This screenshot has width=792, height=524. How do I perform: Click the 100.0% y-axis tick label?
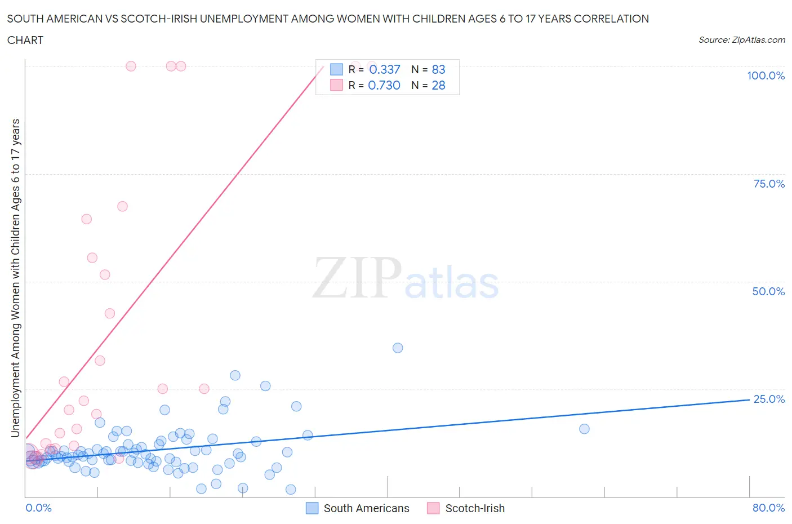tap(766, 76)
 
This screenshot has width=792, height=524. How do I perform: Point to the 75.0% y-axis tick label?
tap(769, 184)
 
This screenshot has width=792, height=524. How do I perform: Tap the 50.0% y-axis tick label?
tap(768, 291)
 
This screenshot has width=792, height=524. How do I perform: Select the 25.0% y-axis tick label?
tap(769, 399)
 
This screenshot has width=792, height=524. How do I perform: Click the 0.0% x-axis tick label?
tap(38, 508)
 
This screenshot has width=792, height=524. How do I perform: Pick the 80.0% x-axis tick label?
tap(768, 508)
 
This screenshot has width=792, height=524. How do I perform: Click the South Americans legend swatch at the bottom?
tap(312, 508)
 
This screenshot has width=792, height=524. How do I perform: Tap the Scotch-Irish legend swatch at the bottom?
tap(433, 508)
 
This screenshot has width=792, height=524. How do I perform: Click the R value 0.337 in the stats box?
tap(385, 69)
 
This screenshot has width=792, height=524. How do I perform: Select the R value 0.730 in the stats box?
tap(384, 85)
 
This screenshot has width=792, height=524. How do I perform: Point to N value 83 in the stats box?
tap(438, 69)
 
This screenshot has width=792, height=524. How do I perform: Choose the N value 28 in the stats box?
tap(438, 85)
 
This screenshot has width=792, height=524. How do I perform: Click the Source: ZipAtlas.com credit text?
tap(741, 39)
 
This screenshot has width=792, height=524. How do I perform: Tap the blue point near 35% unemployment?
tap(398, 348)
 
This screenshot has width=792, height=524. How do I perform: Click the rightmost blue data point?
tap(584, 429)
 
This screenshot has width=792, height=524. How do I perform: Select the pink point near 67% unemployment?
tap(122, 206)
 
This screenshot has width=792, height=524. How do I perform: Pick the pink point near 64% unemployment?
tap(86, 219)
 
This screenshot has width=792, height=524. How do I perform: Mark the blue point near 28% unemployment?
tap(235, 375)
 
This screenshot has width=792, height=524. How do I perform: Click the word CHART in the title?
tap(25, 40)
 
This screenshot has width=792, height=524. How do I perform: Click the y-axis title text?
tap(15, 278)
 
